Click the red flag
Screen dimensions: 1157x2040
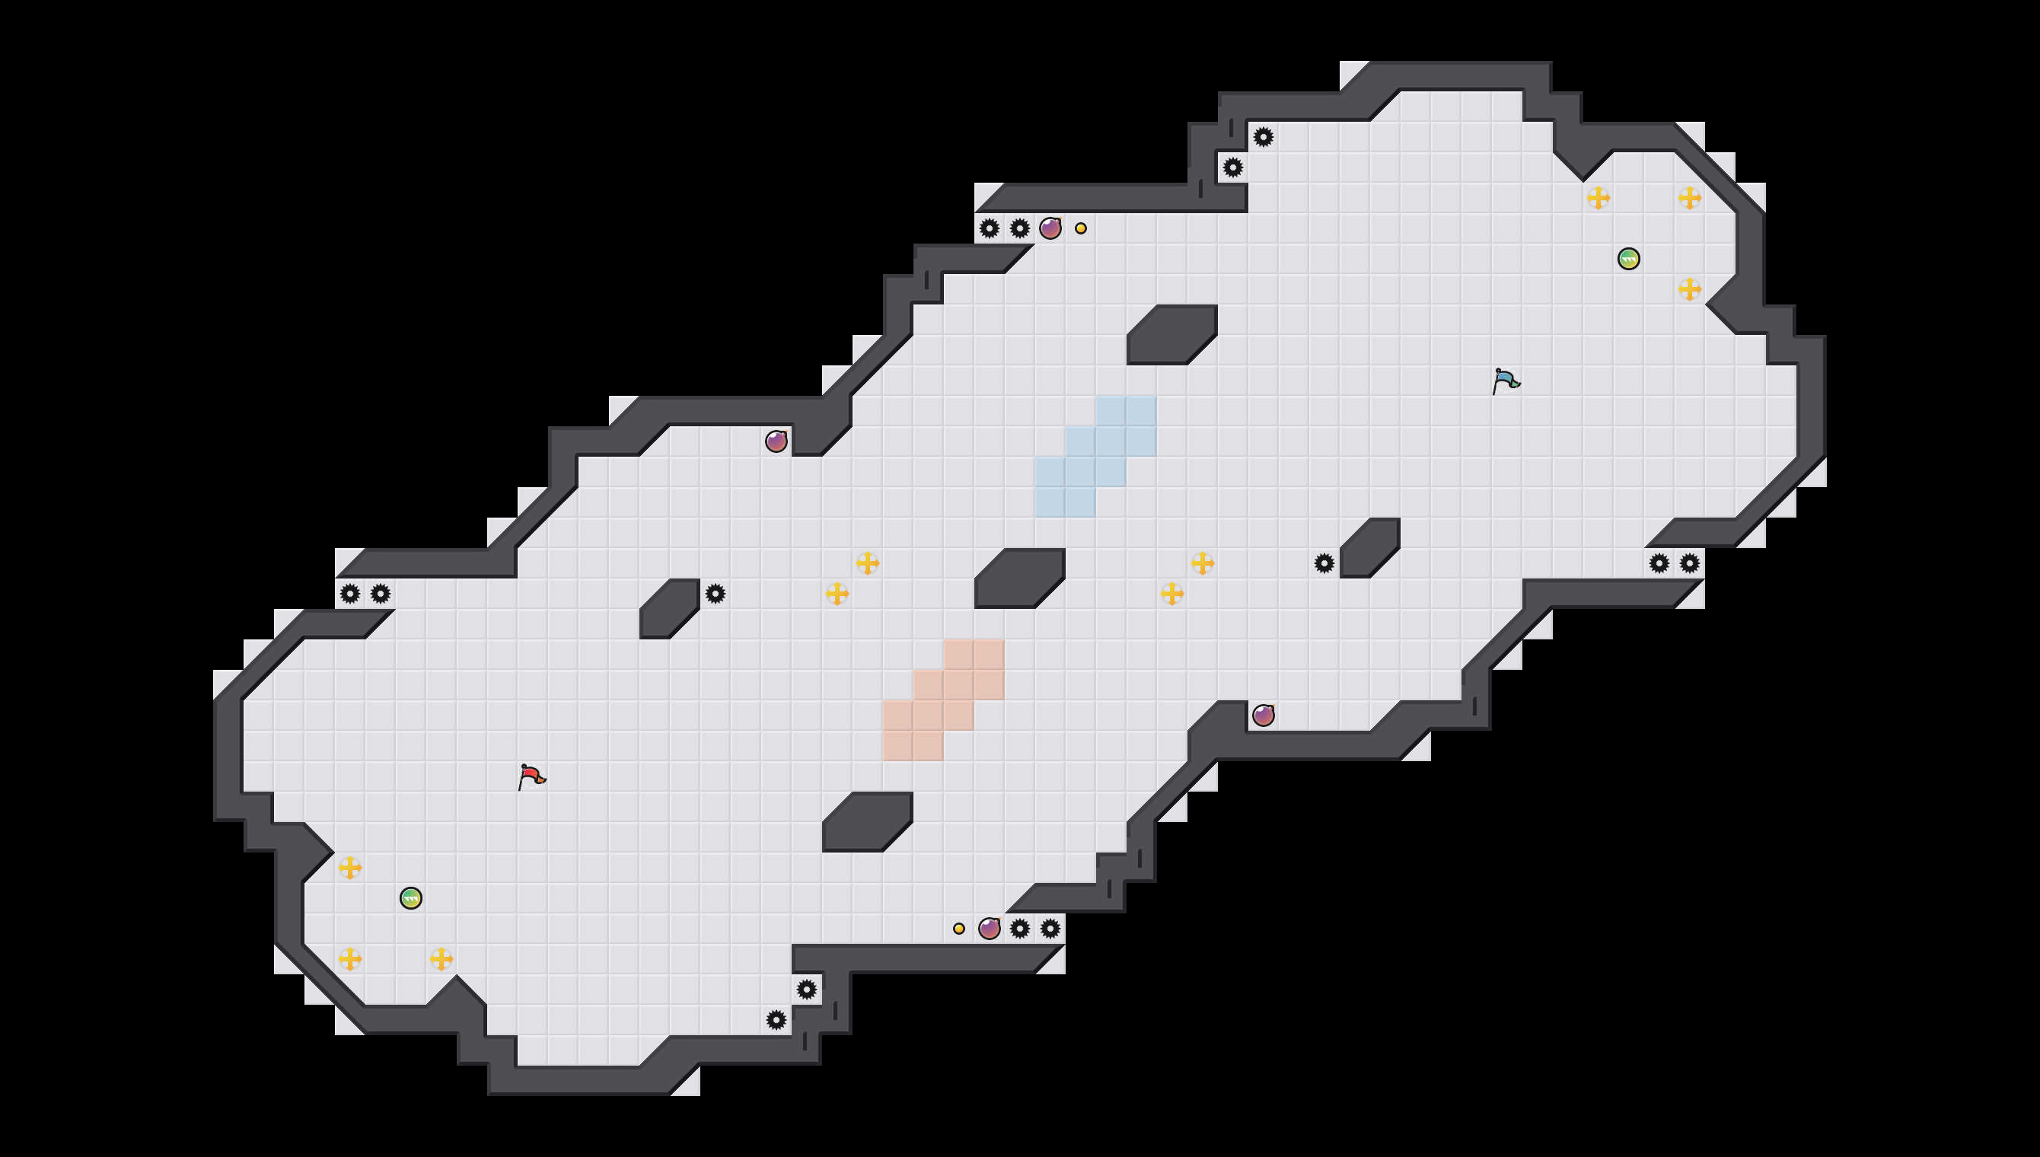531,776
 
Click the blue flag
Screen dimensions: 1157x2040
1506,381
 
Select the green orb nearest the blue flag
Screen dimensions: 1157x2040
1628,259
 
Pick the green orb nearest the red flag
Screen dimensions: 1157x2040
411,898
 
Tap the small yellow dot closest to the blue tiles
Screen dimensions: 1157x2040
1080,229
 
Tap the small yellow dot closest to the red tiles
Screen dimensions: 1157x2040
959,928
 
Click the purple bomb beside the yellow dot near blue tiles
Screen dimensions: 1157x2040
1050,229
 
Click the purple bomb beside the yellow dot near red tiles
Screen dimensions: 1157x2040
989,928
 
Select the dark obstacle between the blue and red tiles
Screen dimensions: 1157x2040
1019,578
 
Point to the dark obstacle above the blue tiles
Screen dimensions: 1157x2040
1171,335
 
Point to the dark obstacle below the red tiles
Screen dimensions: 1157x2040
868,821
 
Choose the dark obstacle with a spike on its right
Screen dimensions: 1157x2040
670,609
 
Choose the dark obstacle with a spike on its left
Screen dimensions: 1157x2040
1369,547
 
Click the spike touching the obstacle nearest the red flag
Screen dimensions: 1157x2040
715,594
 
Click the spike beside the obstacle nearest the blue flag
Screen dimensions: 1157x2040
1324,563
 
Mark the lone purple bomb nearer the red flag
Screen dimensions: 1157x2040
776,441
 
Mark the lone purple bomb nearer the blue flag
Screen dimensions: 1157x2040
1263,716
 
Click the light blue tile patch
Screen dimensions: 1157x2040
1095,457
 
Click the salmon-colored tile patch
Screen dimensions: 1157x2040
944,700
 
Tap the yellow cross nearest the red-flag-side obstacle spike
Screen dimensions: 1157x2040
837,594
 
